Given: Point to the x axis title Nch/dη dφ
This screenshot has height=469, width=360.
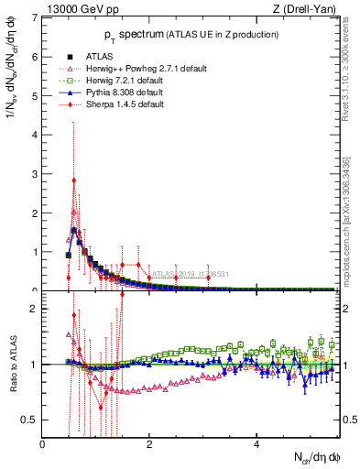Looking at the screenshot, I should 315,457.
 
